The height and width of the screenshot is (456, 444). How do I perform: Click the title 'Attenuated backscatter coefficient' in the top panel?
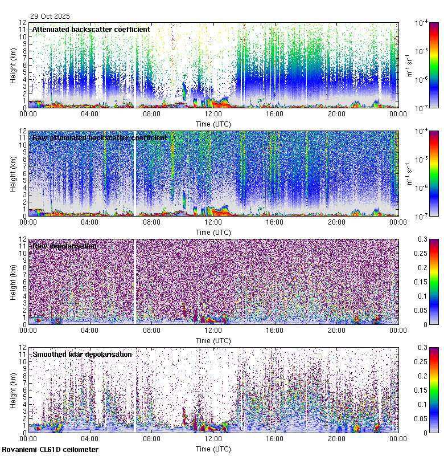point(91,29)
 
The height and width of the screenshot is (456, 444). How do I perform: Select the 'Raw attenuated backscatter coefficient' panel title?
point(100,137)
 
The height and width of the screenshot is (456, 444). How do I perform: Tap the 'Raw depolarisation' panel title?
point(64,246)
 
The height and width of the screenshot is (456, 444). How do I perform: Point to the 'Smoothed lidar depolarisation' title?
point(82,354)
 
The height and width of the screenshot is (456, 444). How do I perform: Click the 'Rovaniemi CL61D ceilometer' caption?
point(50,450)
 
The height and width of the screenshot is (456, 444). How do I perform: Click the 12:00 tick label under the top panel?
point(213,113)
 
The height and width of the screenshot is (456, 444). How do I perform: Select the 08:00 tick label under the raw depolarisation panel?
point(151,330)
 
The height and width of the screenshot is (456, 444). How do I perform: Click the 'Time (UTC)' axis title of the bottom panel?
point(213,449)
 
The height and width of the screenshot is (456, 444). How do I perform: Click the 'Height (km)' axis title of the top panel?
point(13,65)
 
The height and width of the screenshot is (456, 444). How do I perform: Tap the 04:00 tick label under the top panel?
point(90,113)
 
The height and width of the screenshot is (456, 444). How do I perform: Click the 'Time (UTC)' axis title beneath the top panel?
point(213,124)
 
